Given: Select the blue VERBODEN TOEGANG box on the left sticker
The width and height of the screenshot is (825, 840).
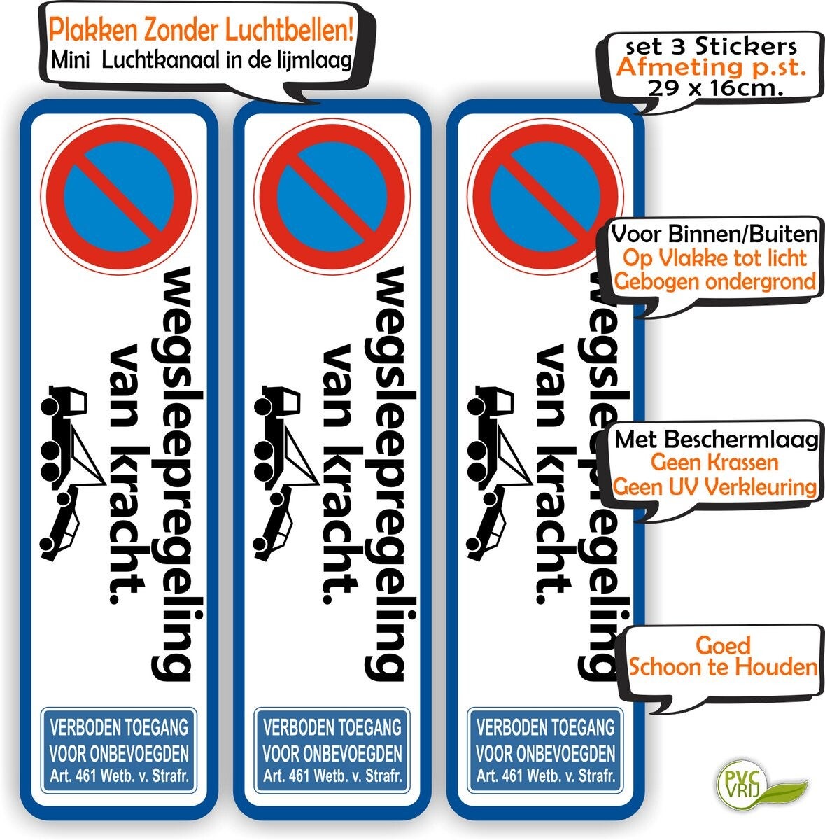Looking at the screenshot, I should (x=118, y=749).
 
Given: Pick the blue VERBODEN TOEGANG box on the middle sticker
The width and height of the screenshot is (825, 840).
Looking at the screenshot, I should (x=332, y=749).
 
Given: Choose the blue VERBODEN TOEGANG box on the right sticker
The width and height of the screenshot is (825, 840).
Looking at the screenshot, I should (x=545, y=749).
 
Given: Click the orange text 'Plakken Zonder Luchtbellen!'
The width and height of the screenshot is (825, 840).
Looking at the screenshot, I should (x=202, y=32).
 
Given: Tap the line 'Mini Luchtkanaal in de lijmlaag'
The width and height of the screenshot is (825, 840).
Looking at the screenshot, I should (x=202, y=60).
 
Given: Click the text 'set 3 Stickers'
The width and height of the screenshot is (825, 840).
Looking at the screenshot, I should (x=711, y=47).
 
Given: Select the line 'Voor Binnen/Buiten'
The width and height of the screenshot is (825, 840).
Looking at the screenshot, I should (x=714, y=233).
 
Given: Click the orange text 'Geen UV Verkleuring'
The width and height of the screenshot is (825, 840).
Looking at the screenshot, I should (x=715, y=486).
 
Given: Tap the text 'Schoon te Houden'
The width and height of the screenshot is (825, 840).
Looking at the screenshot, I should (x=723, y=667).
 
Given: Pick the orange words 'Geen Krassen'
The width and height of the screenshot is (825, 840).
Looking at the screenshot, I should (x=714, y=463).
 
